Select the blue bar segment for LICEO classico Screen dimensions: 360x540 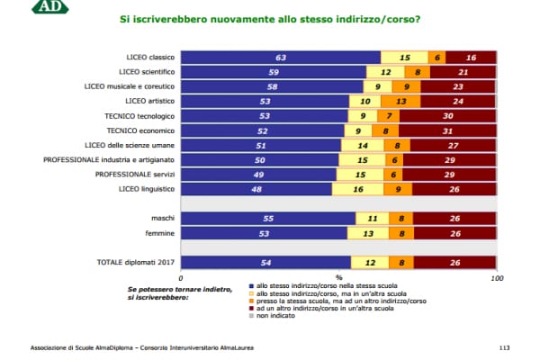pos(281,56)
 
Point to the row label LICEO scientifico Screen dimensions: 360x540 pos(147,70)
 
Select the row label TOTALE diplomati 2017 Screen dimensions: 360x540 pos(135,262)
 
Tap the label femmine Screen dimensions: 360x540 pos(160,232)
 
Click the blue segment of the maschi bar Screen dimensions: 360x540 pos(268,218)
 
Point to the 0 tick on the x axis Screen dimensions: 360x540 pos(183,279)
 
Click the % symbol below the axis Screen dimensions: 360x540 pos(339,279)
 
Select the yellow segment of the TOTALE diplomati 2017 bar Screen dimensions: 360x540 pos(370,262)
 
